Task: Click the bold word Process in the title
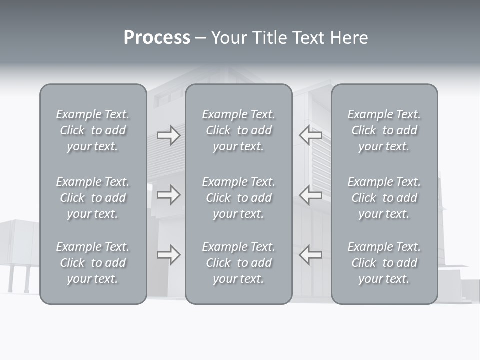[x=157, y=38]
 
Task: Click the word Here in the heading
[x=349, y=38]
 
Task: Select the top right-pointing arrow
[x=168, y=135]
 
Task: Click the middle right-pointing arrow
[x=168, y=195]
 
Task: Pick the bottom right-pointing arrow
[x=168, y=255]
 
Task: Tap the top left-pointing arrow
[x=310, y=135]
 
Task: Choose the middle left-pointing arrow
[x=310, y=195]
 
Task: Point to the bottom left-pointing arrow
[x=310, y=255]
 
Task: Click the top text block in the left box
[x=93, y=130]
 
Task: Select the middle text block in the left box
[x=93, y=198]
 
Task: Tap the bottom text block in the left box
[x=93, y=263]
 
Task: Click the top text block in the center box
[x=238, y=130]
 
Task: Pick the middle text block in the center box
[x=238, y=198]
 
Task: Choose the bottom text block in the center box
[x=238, y=263]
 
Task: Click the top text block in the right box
[x=384, y=130]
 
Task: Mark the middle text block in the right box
[x=384, y=198]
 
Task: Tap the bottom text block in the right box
[x=384, y=263]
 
